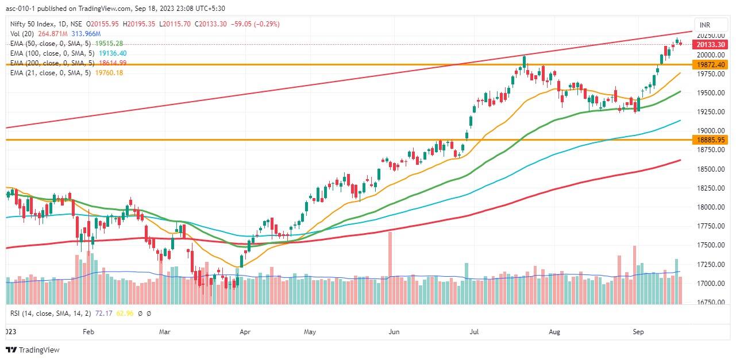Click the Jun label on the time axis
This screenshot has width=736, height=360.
(x=394, y=331)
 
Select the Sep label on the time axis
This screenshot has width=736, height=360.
(x=638, y=331)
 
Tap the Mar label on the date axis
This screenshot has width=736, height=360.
(x=165, y=331)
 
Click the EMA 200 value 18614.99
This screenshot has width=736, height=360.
(x=110, y=63)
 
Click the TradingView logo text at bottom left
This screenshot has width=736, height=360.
(x=38, y=350)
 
